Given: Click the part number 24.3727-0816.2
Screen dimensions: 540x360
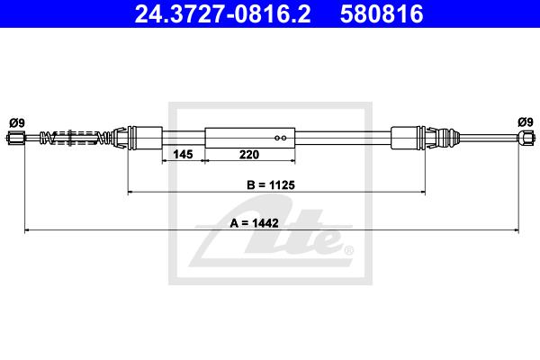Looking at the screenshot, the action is coord(222,13).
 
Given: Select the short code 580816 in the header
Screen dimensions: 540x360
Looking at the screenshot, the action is coord(382,13).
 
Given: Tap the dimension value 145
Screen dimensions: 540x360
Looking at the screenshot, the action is coord(183,154).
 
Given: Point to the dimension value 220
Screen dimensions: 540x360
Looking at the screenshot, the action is coord(249,154).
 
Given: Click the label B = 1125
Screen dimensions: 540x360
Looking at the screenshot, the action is coord(271,185).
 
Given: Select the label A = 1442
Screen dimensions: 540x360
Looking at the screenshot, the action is coord(254,223).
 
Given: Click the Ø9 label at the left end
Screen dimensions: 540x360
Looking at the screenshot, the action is coord(17,122).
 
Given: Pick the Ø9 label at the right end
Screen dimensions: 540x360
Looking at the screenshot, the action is coord(526,122).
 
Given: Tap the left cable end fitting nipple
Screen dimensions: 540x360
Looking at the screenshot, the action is coord(15,138).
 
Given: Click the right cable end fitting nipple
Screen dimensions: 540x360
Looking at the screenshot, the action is coord(526,138).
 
